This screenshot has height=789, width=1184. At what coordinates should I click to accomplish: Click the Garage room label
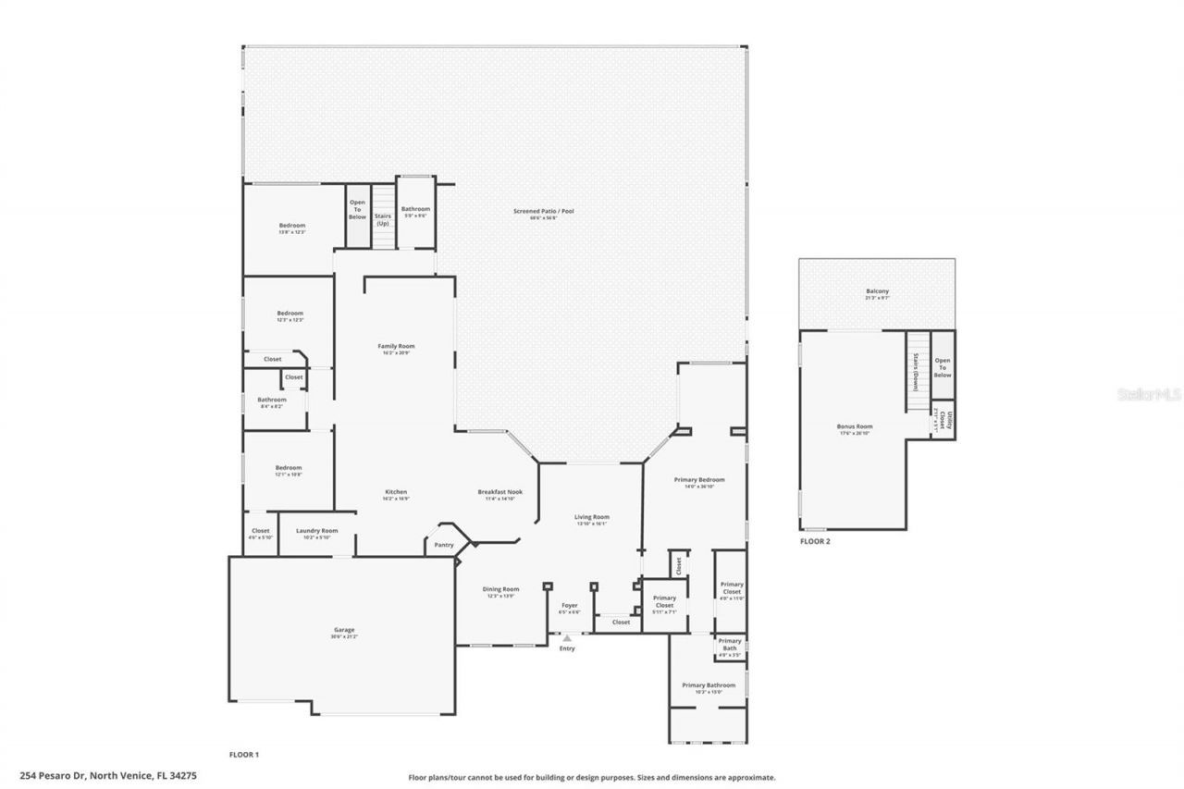click(x=344, y=630)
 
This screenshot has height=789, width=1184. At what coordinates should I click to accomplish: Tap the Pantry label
click(x=444, y=545)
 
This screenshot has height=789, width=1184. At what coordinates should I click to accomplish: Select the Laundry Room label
click(x=316, y=531)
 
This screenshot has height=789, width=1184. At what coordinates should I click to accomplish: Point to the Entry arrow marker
click(x=567, y=637)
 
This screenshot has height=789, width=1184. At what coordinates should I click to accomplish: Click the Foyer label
click(x=570, y=605)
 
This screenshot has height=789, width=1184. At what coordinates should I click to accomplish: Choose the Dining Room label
click(x=500, y=589)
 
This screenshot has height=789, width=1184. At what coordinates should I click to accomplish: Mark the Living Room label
click(x=592, y=517)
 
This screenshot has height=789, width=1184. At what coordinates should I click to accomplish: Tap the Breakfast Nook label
click(x=499, y=492)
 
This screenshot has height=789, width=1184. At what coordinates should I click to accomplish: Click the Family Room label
click(x=396, y=346)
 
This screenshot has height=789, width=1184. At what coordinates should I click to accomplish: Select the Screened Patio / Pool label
click(x=544, y=211)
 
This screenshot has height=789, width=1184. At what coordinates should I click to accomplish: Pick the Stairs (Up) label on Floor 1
click(x=383, y=219)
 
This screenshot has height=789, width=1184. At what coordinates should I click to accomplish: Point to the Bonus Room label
click(x=856, y=426)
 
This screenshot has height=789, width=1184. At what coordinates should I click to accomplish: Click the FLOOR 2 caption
click(x=815, y=541)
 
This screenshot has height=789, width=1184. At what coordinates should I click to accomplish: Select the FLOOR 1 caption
click(x=244, y=755)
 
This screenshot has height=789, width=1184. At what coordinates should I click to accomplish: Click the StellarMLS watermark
click(x=1150, y=393)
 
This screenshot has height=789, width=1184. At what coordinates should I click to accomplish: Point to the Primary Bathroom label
click(x=709, y=685)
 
